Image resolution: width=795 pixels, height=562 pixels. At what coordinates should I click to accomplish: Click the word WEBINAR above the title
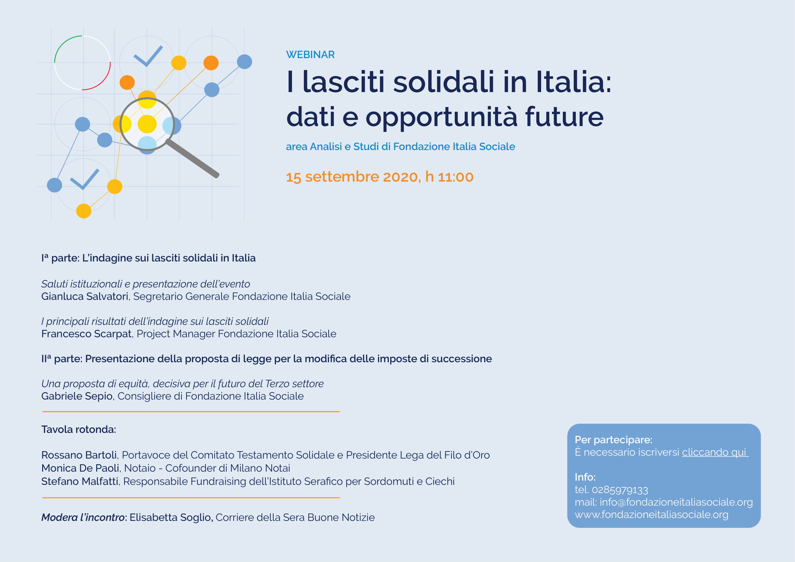tap(310, 55)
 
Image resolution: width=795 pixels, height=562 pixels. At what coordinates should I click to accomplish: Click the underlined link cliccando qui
tap(715, 452)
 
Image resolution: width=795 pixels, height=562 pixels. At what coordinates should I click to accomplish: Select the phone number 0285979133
tap(620, 490)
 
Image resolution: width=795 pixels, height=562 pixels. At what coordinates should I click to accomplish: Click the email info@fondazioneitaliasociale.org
tap(676, 502)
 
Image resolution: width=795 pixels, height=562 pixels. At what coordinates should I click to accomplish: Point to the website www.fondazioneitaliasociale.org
tap(652, 514)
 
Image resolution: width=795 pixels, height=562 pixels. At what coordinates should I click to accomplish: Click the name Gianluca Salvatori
tap(85, 297)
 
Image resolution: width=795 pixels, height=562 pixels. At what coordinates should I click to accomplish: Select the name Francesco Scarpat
tap(86, 334)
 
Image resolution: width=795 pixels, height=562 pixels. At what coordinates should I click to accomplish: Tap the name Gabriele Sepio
tap(77, 396)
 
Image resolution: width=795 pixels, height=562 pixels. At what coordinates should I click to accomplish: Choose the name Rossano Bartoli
tap(79, 455)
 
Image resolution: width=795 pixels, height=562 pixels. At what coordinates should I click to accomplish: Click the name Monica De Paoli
tap(80, 468)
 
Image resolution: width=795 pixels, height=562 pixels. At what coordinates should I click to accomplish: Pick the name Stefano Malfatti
tap(80, 481)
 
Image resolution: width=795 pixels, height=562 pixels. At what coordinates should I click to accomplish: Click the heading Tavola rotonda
tap(79, 429)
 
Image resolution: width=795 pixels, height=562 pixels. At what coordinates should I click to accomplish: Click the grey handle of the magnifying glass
tap(192, 158)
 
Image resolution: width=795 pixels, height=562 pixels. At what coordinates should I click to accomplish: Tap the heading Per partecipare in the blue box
tap(613, 440)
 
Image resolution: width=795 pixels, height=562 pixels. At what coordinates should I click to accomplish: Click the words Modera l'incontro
tap(83, 517)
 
